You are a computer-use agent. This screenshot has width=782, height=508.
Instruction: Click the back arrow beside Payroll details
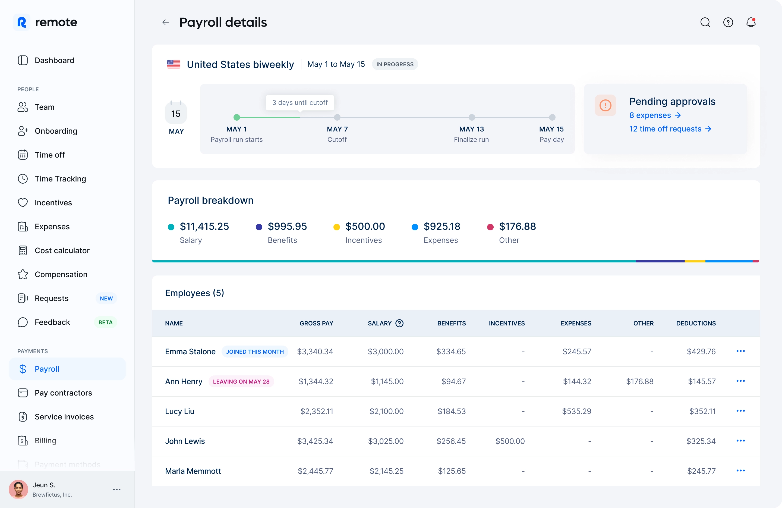pos(166,22)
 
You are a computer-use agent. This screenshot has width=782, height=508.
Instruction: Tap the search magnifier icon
pos(705,22)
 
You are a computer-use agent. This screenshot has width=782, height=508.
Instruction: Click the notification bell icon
pos(751,22)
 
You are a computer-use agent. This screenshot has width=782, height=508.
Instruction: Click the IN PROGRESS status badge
pos(395,64)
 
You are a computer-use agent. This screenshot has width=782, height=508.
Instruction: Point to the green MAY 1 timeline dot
pos(237,117)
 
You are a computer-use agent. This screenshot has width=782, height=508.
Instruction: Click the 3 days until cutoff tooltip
pos(300,103)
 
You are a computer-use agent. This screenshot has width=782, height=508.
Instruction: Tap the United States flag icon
pos(174,64)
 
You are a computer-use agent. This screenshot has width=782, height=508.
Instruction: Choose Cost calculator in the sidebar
pos(62,250)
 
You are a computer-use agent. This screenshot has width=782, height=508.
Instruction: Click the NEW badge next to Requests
pos(106,299)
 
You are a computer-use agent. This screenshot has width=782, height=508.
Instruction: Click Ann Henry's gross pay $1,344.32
pos(316,381)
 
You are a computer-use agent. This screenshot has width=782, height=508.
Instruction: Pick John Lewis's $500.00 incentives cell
pos(510,441)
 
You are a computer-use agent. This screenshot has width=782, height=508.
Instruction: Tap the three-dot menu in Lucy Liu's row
pos(740,411)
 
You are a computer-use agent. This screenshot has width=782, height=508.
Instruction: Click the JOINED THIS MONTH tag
pos(255,352)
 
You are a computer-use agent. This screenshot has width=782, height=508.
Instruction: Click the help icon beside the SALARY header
pos(399,324)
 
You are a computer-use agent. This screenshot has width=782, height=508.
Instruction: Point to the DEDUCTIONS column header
pos(696,324)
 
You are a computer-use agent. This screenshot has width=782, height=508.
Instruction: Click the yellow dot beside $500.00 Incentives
pos(336,227)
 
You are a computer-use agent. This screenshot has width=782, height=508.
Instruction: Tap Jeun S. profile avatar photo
pos(18,489)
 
